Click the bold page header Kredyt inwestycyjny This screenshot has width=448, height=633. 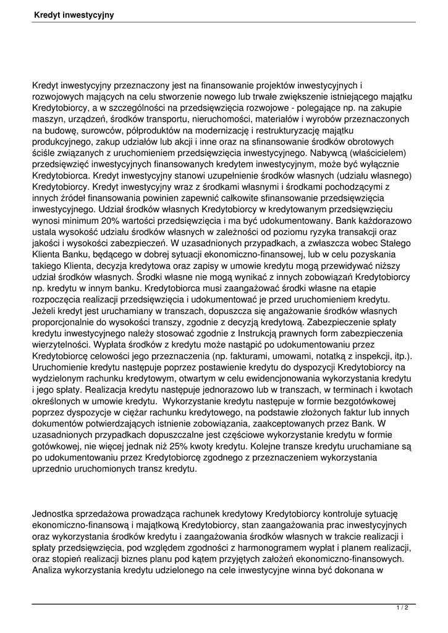(74, 14)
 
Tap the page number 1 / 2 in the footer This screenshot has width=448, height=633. (402, 608)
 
